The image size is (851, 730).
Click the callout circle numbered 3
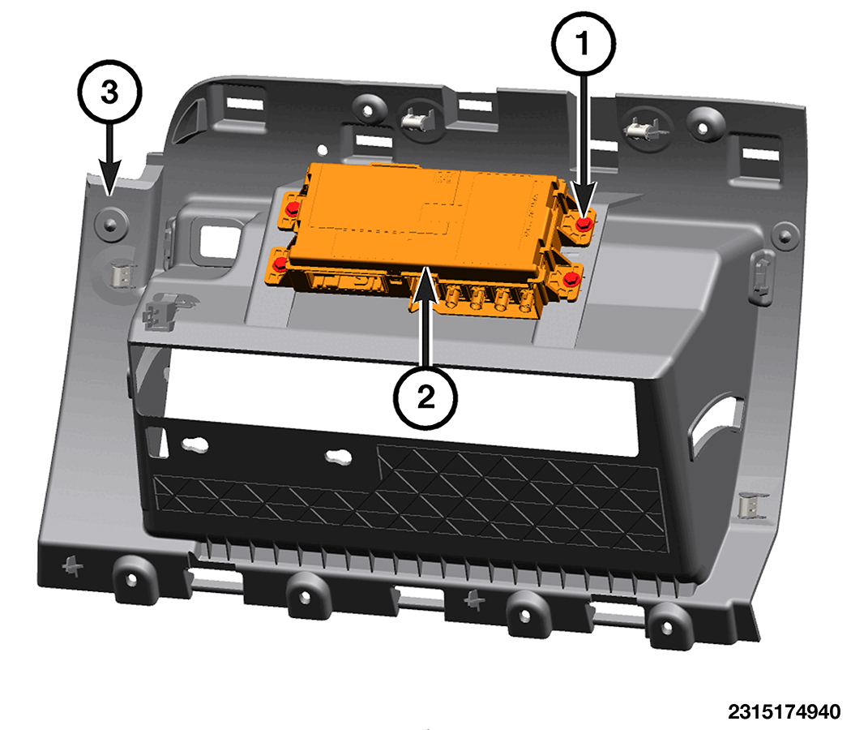pos(109,92)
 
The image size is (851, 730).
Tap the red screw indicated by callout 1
pos(584,223)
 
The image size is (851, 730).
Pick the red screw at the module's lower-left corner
pos(280,265)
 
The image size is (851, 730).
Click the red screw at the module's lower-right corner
pos(572,281)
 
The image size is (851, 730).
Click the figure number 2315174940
pos(784,711)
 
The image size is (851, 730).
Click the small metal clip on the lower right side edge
pos(751,507)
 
